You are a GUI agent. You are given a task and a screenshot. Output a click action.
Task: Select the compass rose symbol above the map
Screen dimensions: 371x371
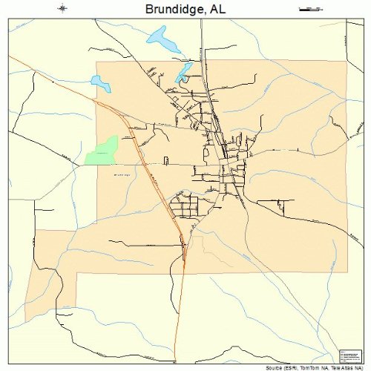[x=63, y=9]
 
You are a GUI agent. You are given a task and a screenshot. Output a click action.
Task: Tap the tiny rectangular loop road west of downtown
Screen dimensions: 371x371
[x=166, y=160]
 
